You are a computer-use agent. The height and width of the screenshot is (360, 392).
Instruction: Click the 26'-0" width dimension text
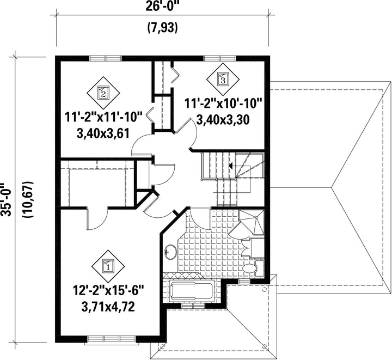162,5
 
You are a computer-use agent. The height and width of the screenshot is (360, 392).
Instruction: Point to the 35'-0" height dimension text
6,199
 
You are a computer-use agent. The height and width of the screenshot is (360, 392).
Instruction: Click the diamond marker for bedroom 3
223,80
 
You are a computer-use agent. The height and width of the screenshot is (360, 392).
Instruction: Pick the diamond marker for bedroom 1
108,266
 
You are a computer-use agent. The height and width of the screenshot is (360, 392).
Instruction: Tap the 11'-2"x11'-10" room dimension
103,117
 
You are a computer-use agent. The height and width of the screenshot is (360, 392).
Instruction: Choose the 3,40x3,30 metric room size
223,119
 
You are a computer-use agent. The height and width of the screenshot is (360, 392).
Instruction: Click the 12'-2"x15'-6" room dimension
108,291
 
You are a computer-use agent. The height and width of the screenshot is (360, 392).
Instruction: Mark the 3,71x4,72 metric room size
108,307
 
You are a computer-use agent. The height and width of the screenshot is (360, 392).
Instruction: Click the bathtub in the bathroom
191,291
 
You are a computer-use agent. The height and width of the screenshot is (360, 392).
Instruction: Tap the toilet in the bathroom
253,269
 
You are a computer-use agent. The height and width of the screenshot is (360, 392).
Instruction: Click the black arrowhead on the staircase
231,166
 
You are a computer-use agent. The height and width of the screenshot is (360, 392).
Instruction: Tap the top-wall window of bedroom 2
106,58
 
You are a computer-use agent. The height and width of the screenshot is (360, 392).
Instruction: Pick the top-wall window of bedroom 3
220,58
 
